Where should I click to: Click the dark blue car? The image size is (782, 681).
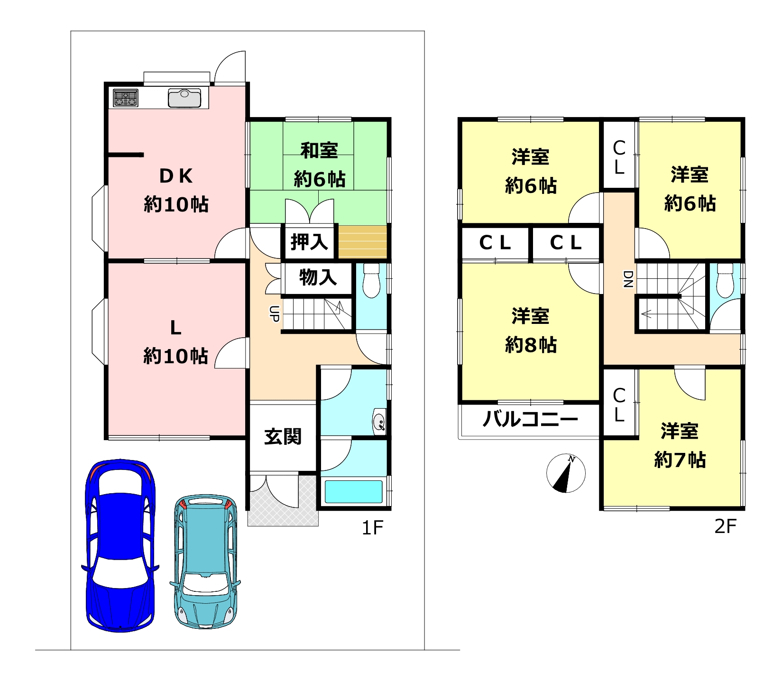[x=120, y=545]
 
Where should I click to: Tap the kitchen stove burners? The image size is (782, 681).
[x=126, y=98]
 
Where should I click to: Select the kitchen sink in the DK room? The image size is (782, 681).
[x=184, y=98]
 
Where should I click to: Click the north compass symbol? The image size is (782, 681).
[x=566, y=473]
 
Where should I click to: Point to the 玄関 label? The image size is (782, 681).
[x=283, y=436]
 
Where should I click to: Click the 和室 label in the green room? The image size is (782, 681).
[x=319, y=150]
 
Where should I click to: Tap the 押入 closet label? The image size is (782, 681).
[x=309, y=242]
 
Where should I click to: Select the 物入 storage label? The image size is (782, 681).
[x=318, y=277]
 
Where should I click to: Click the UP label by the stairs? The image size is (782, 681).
[x=274, y=314]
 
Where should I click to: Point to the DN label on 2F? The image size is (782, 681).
[x=627, y=279]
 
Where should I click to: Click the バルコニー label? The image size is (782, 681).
[x=530, y=419]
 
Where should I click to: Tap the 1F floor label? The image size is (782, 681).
[x=372, y=527]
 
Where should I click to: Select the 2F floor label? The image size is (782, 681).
[x=726, y=526]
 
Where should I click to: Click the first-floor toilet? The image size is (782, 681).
[x=371, y=281]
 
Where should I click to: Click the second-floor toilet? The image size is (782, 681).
[x=725, y=280]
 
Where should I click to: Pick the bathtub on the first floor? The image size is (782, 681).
[x=353, y=492]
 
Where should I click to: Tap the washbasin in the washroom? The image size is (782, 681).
[x=379, y=421]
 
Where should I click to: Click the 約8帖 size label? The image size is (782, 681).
[x=531, y=345]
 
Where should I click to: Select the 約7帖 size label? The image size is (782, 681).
[x=680, y=460]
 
